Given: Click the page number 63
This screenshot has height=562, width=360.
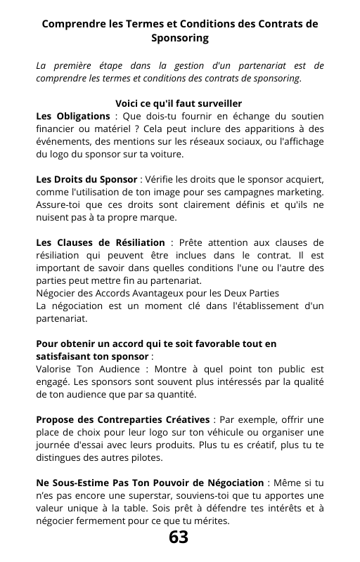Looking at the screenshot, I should tap(179, 537).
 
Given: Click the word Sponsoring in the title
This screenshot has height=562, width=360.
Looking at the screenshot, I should tap(180, 37).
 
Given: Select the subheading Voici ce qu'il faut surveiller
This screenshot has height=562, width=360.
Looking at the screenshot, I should tap(179, 103).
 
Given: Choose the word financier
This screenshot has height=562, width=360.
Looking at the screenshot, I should tap(56, 129).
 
